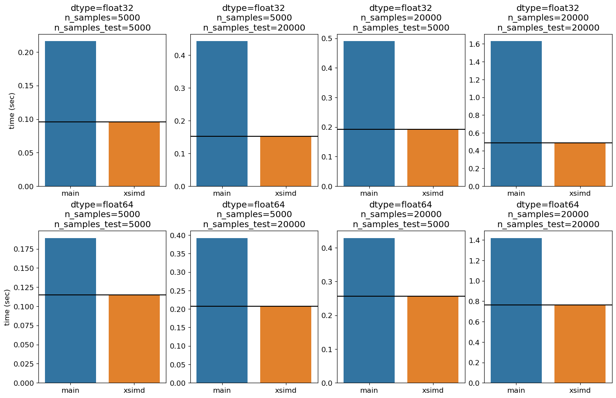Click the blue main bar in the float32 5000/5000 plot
70,114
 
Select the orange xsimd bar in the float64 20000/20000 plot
580,344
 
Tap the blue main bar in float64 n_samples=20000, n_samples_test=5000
369,311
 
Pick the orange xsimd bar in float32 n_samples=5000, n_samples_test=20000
286,161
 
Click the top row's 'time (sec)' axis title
11,111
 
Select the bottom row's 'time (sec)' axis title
7,308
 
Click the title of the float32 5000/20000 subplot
254,18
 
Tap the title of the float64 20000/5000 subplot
401,215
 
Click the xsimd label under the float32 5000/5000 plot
134,194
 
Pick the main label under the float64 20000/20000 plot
516,390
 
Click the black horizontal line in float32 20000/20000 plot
548,143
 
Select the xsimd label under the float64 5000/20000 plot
286,390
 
